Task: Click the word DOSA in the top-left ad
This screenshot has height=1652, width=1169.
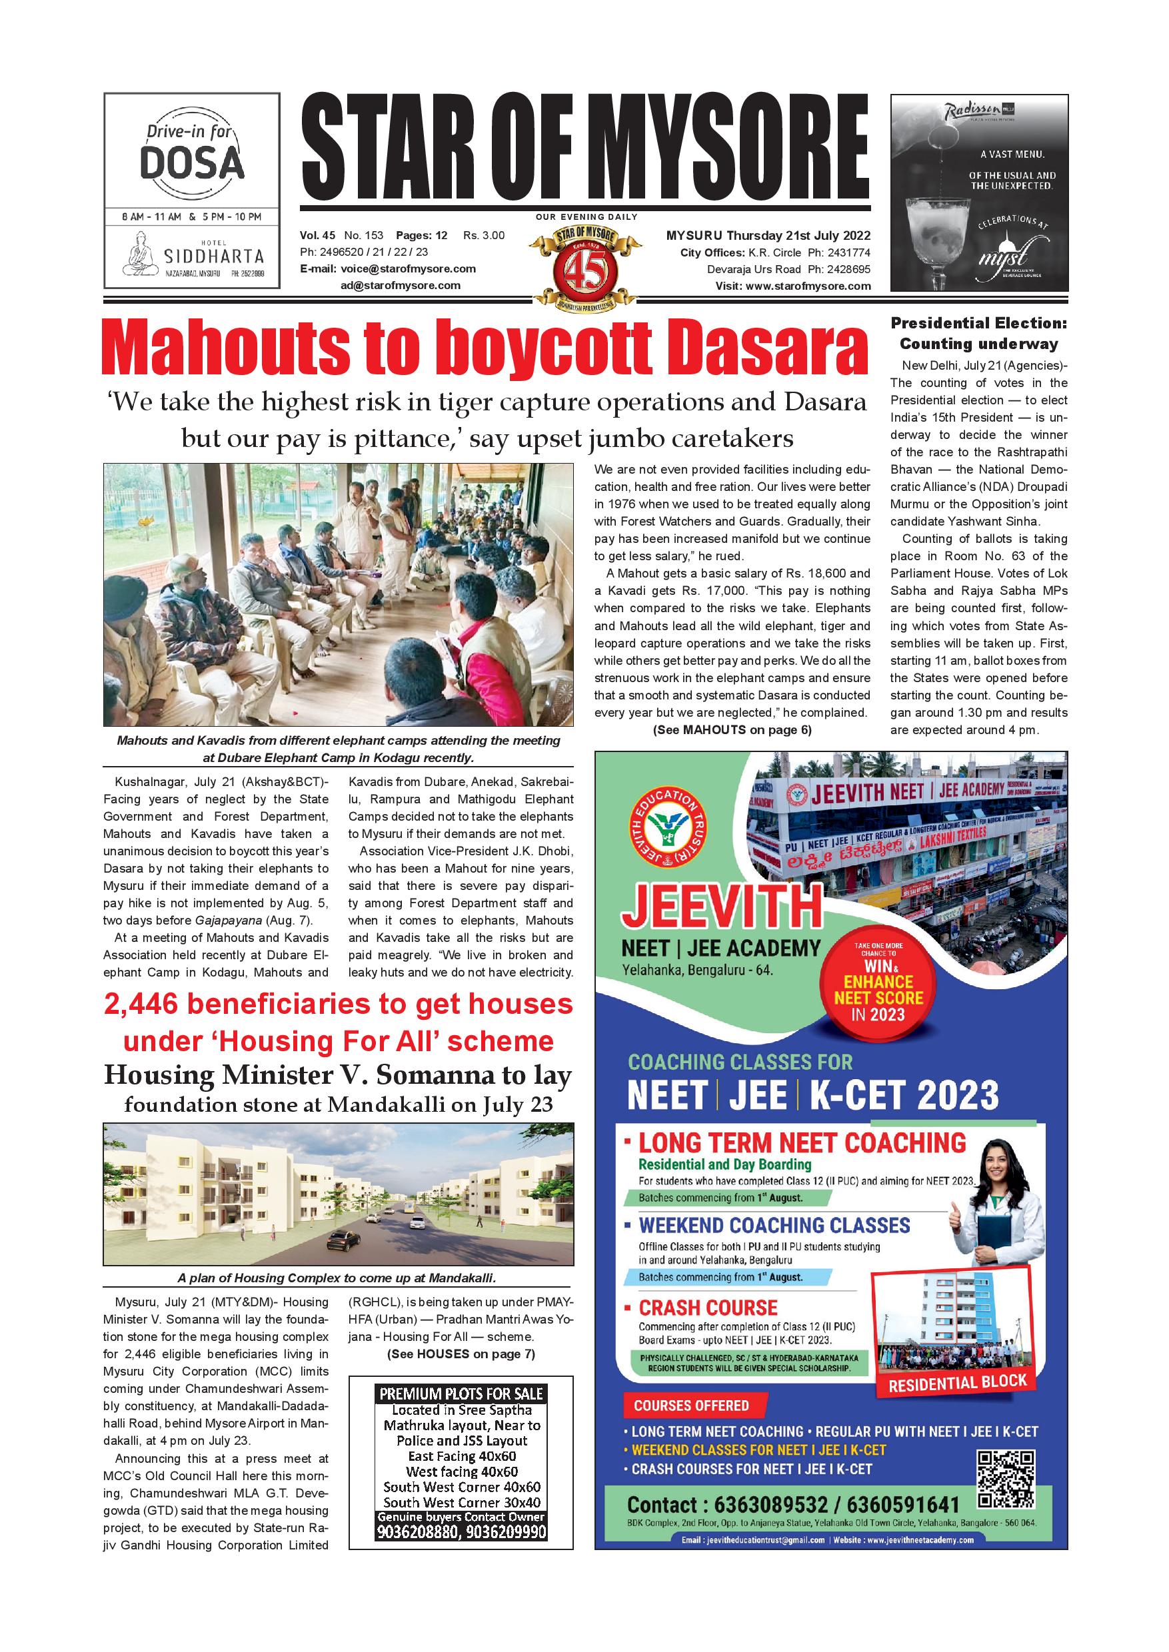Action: click(191, 164)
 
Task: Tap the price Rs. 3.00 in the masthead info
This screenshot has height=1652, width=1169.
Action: click(484, 235)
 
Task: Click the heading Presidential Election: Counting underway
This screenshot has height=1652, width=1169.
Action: click(978, 333)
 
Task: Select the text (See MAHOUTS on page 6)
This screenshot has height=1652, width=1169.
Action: click(731, 729)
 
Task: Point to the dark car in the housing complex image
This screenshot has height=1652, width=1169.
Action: click(344, 1239)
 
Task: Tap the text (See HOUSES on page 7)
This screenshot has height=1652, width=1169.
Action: click(461, 1354)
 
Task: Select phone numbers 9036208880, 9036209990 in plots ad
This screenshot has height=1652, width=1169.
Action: click(461, 1532)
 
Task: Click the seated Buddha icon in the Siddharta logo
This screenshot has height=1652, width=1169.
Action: click(141, 257)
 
